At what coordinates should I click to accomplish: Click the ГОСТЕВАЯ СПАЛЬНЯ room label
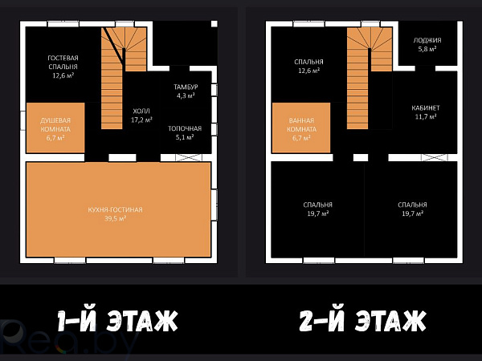pos(63,63)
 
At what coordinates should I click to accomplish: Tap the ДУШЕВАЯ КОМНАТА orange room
pos(55,128)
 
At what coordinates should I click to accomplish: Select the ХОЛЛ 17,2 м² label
pos(141,116)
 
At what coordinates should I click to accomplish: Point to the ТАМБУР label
pos(186,87)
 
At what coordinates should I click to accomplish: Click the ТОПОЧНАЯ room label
pos(185,128)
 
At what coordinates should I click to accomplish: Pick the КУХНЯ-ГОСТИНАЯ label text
pos(115,209)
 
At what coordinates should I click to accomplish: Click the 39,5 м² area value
pos(115,218)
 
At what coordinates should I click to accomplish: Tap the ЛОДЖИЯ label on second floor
pos(427,40)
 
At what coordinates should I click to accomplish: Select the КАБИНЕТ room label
pos(426,108)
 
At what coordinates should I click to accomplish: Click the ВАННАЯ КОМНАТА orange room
pos(301,128)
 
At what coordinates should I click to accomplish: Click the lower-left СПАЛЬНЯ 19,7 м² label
pos(318,209)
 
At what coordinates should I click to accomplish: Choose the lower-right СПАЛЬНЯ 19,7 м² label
pos(413,209)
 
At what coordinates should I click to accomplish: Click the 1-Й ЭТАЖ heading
pos(118,321)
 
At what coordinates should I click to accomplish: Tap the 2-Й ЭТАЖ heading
pos(363,321)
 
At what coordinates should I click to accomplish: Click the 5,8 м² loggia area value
pos(427,49)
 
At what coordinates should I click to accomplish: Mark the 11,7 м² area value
pos(426,116)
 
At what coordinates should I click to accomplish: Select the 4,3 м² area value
pos(186,95)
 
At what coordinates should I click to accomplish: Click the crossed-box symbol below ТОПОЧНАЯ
pos(189,157)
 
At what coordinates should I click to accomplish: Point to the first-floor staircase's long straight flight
pos(112,92)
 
